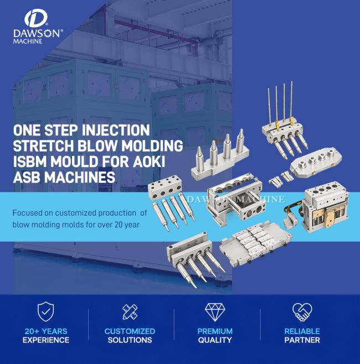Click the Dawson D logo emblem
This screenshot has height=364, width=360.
[36, 18]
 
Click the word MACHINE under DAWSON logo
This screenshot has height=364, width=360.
[28, 41]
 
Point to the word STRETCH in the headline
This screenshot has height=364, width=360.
[43, 146]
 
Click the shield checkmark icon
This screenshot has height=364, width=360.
[46, 311]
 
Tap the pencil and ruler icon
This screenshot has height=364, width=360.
[130, 312]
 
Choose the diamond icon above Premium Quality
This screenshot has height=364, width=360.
[215, 312]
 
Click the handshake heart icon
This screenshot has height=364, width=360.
[302, 312]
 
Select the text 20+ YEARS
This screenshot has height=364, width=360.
[46, 331]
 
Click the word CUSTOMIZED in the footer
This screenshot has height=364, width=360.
[130, 331]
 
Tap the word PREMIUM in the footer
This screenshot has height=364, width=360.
[215, 331]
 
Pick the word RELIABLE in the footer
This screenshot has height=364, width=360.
[302, 331]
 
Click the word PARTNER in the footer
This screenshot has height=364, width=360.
[302, 340]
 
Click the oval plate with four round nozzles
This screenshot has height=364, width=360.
[316, 164]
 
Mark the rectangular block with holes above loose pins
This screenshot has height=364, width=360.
[165, 187]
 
